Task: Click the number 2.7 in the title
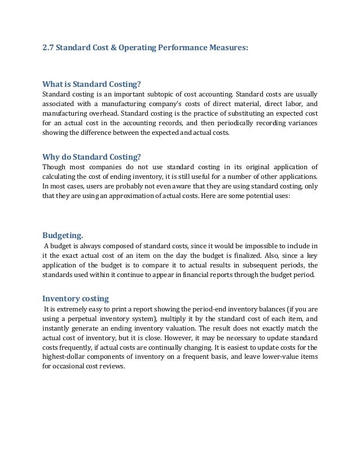49,49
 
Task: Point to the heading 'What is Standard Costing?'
91,85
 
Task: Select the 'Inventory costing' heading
76,298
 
